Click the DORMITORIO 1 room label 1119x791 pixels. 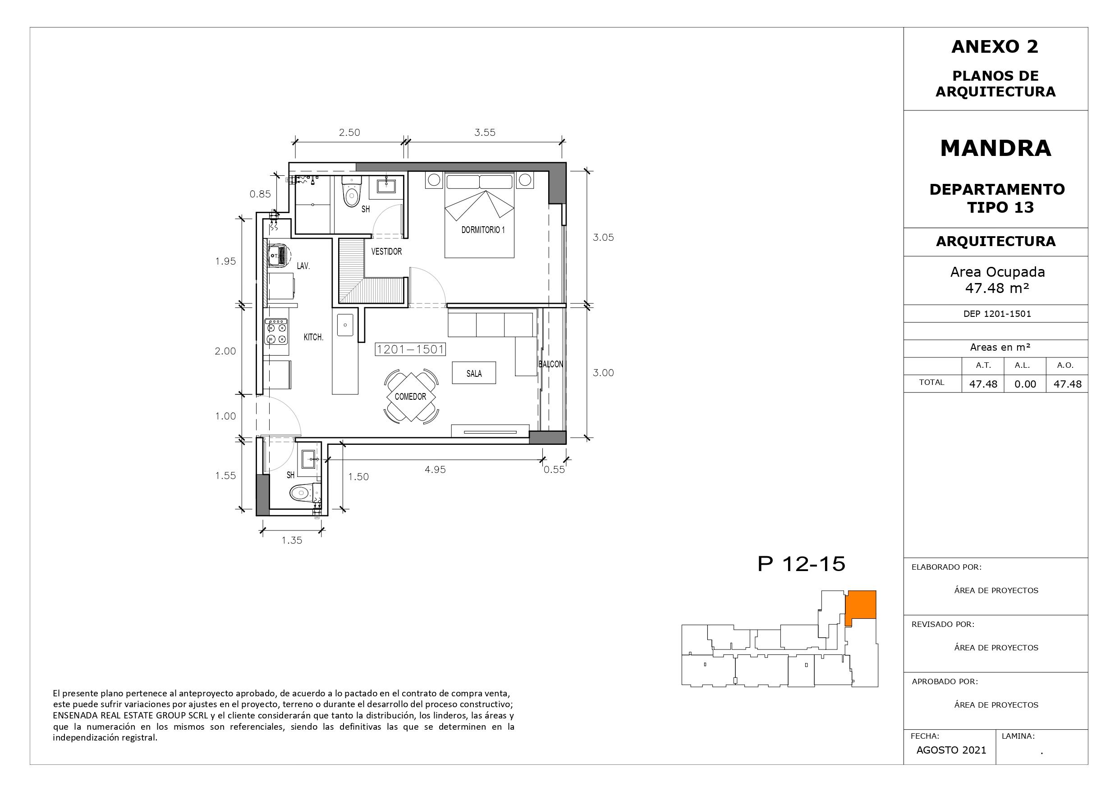[x=483, y=229]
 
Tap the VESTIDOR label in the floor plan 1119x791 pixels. [x=386, y=251]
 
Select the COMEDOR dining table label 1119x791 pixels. [x=410, y=397]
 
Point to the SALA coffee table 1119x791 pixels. [x=474, y=373]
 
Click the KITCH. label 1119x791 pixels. [x=313, y=337]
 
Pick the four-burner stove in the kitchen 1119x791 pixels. [x=276, y=331]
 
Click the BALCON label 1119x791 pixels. [x=551, y=364]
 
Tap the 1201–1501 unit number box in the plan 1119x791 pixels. [x=410, y=349]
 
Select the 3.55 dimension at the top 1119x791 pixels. [x=485, y=132]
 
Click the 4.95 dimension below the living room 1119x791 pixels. [x=435, y=469]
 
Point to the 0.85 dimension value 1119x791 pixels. [x=260, y=194]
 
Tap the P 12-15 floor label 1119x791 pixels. [x=802, y=564]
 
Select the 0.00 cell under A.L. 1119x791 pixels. [x=1025, y=384]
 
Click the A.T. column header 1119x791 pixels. [x=983, y=365]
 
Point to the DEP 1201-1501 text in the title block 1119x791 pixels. [x=997, y=314]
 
